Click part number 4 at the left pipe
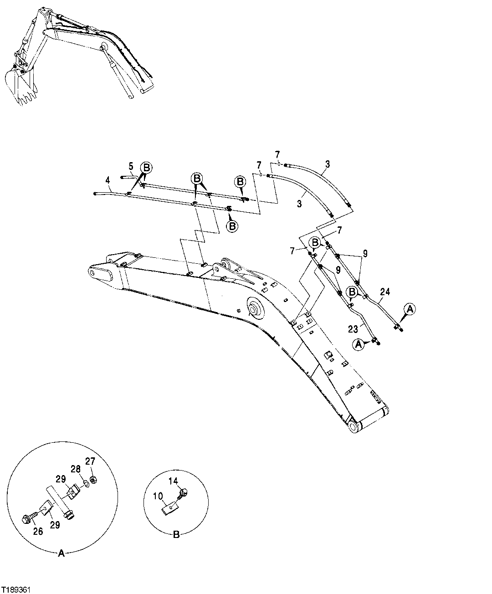(108, 180)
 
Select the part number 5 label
(130, 166)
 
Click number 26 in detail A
(38, 531)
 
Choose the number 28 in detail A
(75, 469)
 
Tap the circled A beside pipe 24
(410, 309)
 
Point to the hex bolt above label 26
(27, 518)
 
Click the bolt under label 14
(184, 493)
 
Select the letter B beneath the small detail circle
(176, 536)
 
